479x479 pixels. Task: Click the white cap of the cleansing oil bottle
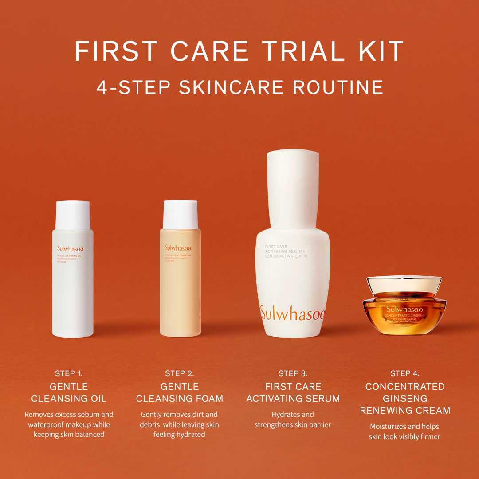click(73, 215)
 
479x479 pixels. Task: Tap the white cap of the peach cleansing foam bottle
click(180, 214)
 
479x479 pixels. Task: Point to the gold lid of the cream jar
click(404, 284)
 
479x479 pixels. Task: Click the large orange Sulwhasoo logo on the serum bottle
click(293, 313)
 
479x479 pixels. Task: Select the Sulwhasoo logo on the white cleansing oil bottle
click(70, 249)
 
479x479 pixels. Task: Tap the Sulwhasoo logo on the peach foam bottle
click(178, 248)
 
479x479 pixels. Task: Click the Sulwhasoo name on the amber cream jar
click(404, 309)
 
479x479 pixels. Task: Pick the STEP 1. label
click(69, 373)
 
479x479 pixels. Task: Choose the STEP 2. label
click(180, 373)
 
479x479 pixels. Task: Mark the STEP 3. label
click(293, 373)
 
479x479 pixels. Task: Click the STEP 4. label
click(405, 373)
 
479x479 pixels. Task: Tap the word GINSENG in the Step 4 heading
click(405, 399)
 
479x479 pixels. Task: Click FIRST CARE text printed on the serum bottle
click(276, 247)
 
